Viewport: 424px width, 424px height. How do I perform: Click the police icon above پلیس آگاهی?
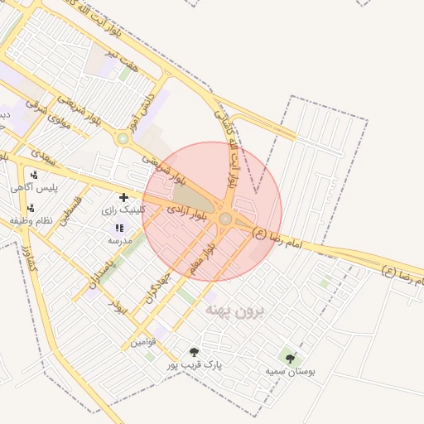[34, 175]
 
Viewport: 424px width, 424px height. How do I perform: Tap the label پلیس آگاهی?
[33, 188]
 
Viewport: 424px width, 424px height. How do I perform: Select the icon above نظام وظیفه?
[31, 208]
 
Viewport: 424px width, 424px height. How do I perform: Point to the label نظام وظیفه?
[31, 221]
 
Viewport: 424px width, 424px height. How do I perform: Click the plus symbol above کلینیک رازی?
[123, 197]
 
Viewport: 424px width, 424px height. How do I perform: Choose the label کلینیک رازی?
[123, 210]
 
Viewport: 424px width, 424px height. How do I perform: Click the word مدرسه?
[120, 240]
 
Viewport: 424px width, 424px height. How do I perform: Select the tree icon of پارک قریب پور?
[194, 352]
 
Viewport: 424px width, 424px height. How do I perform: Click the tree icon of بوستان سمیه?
[290, 358]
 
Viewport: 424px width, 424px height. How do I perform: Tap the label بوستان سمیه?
[290, 371]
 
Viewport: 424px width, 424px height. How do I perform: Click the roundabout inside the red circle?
[225, 219]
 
